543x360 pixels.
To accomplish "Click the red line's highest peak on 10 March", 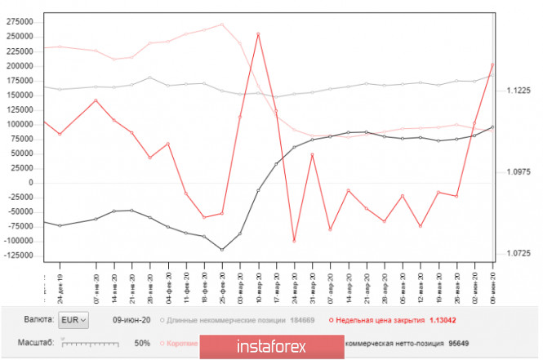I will point(258,34).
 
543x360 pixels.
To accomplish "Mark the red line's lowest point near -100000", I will point(294,241).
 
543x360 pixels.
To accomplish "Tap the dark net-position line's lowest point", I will point(222,250).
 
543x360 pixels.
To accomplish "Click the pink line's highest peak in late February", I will point(222,24).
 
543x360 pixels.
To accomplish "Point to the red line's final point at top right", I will point(492,64).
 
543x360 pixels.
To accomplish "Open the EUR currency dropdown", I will point(75,320).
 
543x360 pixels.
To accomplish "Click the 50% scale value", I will point(142,343).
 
